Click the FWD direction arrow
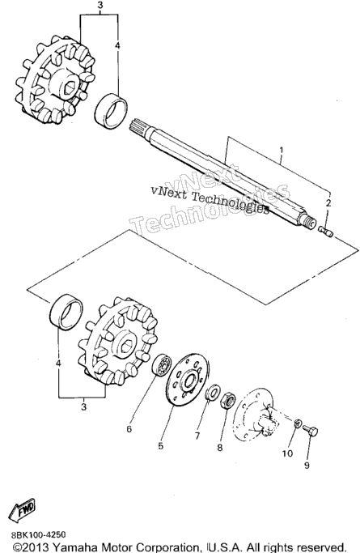[x=23, y=509]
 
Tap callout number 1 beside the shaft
[x=281, y=151]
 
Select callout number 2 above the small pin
[x=328, y=203]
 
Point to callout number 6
[x=129, y=429]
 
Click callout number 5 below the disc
[x=161, y=446]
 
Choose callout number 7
[x=197, y=436]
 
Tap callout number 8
[x=220, y=448]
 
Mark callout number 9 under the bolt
[x=307, y=466]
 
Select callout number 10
[x=287, y=453]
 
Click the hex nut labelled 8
[x=228, y=400]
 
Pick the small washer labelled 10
[x=298, y=423]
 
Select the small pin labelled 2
[x=325, y=232]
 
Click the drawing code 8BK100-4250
[x=38, y=535]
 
